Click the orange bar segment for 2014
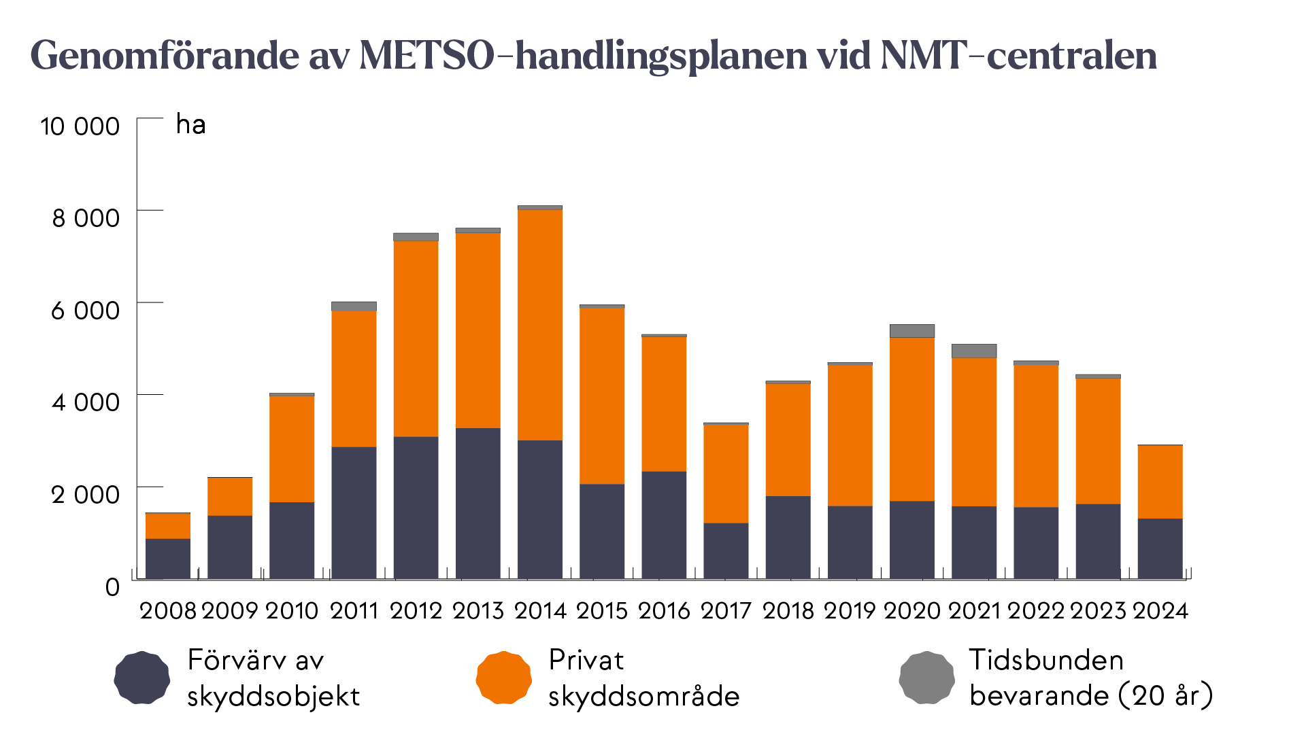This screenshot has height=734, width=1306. [539, 325]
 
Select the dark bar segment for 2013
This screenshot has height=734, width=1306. [478, 503]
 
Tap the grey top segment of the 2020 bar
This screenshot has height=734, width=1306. [911, 331]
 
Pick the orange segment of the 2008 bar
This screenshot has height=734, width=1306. [167, 526]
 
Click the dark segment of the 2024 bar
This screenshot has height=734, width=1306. [1160, 548]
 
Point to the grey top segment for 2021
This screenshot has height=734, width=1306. [973, 351]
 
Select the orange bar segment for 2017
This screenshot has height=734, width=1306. [726, 474]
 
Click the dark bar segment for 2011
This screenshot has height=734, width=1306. [354, 512]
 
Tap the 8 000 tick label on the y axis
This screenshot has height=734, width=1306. [86, 218]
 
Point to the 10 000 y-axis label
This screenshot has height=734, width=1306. [80, 126]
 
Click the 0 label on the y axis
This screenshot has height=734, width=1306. [112, 587]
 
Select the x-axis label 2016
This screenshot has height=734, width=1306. [664, 611]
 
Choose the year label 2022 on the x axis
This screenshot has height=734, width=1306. [1035, 611]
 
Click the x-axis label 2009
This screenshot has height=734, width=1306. [230, 611]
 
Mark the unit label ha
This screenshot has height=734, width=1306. [190, 125]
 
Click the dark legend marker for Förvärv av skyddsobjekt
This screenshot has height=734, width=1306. [141, 678]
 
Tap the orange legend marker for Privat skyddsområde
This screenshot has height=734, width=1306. [503, 678]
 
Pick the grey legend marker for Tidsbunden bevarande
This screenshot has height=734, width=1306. [926, 678]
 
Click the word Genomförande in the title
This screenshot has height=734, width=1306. [165, 56]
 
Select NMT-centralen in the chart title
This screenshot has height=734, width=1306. [1018, 56]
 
